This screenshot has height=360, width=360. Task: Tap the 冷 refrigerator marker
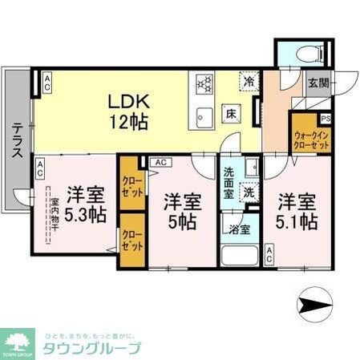250,81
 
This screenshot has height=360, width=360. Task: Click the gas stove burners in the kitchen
203,83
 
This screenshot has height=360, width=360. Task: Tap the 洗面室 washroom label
229,182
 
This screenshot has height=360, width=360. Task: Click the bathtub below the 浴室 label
238,254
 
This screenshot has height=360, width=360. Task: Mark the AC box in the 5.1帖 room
269,256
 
